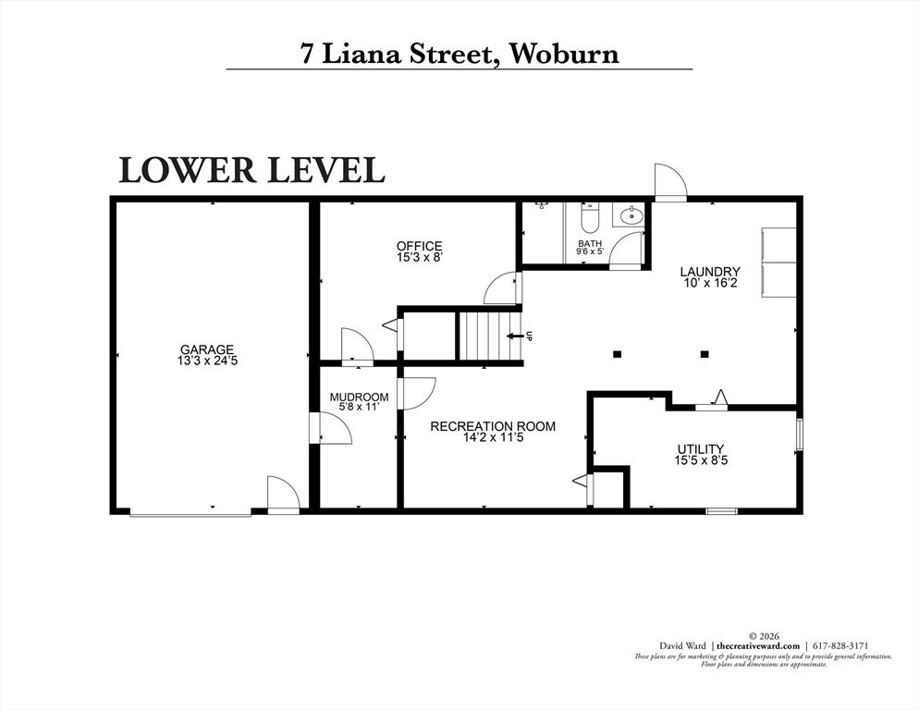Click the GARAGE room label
pos(207,349)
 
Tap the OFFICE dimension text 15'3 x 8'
pos(419,257)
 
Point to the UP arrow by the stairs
pos(515,336)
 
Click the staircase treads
pos(489,337)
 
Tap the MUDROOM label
pos(360,397)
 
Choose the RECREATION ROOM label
pos(493,426)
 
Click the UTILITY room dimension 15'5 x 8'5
pos(701,460)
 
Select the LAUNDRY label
pos(710,272)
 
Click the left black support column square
pos(617,354)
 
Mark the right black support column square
pos(705,354)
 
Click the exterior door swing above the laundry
pos(670,182)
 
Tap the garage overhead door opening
pos(190,514)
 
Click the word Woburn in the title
pos(564,54)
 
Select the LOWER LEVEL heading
pos(252,170)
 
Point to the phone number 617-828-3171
pos(839,645)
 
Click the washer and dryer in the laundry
pos(778,261)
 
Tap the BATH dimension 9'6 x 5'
pos(590,251)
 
